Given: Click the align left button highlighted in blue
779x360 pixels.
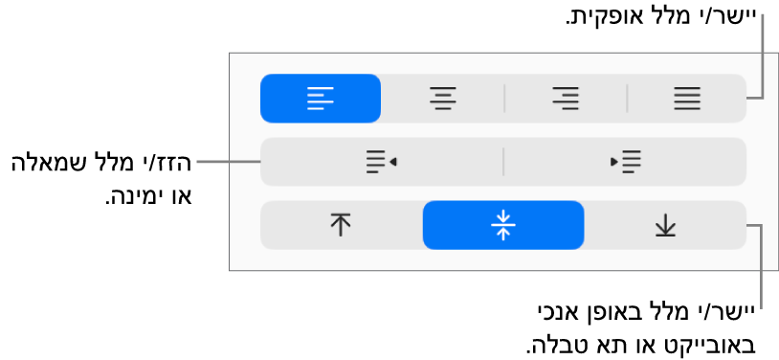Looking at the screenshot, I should pyautogui.click(x=320, y=98).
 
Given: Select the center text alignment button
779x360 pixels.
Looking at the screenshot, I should pyautogui.click(x=442, y=98).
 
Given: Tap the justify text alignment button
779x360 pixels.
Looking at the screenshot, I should pyautogui.click(x=686, y=98).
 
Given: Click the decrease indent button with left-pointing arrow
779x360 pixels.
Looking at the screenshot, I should pyautogui.click(x=381, y=162).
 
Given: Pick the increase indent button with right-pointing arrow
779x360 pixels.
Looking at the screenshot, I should pyautogui.click(x=625, y=162).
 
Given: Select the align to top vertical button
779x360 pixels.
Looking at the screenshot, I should pyautogui.click(x=341, y=225).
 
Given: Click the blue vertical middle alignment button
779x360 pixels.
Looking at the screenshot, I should pyautogui.click(x=502, y=225).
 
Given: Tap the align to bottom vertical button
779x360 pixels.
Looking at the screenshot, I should pyautogui.click(x=665, y=225).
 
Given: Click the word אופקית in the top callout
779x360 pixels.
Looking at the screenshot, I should pyautogui.click(x=599, y=18).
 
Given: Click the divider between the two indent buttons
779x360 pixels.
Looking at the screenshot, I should pyautogui.click(x=503, y=162).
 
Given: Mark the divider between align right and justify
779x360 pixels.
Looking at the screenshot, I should pyautogui.click(x=626, y=98).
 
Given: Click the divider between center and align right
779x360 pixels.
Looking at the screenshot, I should pyautogui.click(x=503, y=98).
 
